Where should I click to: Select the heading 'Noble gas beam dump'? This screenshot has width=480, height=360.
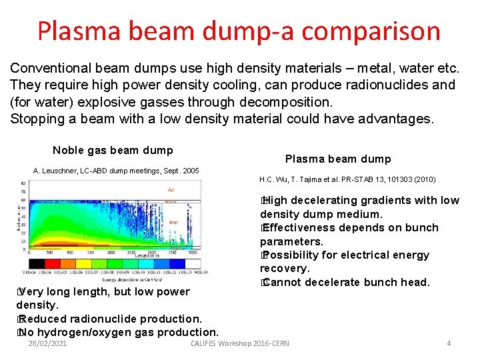click(113, 151)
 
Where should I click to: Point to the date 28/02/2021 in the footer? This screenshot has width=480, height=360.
click(47, 343)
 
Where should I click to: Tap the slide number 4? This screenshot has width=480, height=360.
click(449, 343)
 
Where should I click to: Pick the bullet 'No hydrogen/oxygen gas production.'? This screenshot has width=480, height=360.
click(117, 332)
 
